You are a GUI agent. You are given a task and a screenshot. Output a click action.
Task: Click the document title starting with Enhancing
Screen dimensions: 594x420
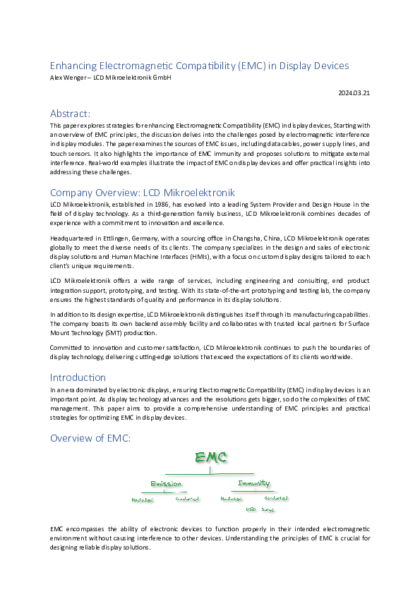pyautogui.click(x=199, y=66)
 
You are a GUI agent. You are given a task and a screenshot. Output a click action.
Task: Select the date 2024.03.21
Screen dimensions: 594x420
pyautogui.click(x=354, y=92)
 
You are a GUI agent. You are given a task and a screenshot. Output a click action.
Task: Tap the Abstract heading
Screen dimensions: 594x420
pyautogui.click(x=70, y=113)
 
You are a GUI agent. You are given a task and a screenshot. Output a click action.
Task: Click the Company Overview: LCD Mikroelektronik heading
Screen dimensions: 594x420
pyautogui.click(x=142, y=192)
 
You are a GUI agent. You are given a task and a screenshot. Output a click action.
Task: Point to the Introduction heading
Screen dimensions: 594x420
pyautogui.click(x=78, y=377)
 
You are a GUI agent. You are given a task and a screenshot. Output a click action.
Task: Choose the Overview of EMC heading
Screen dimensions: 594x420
pyautogui.click(x=90, y=438)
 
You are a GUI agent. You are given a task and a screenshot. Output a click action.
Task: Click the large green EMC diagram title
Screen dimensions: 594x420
pyautogui.click(x=211, y=457)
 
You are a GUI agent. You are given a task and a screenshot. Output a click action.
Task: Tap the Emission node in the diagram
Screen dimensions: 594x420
pyautogui.click(x=166, y=484)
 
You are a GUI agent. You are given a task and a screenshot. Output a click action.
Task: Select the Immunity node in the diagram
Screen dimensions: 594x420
pyautogui.click(x=253, y=483)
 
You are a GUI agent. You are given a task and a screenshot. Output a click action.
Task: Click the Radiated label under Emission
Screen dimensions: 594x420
pyautogui.click(x=143, y=499)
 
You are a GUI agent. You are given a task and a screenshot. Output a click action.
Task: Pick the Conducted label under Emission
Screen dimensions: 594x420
pyautogui.click(x=188, y=498)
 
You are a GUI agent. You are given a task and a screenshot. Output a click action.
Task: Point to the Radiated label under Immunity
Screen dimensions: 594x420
pyautogui.click(x=231, y=498)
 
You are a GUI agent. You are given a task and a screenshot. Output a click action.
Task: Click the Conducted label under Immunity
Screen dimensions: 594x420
pyautogui.click(x=275, y=498)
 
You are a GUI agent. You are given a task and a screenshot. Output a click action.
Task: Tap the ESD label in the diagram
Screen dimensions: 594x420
pyautogui.click(x=251, y=509)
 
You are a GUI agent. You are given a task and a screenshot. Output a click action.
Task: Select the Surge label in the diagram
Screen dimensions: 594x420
pyautogui.click(x=268, y=509)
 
